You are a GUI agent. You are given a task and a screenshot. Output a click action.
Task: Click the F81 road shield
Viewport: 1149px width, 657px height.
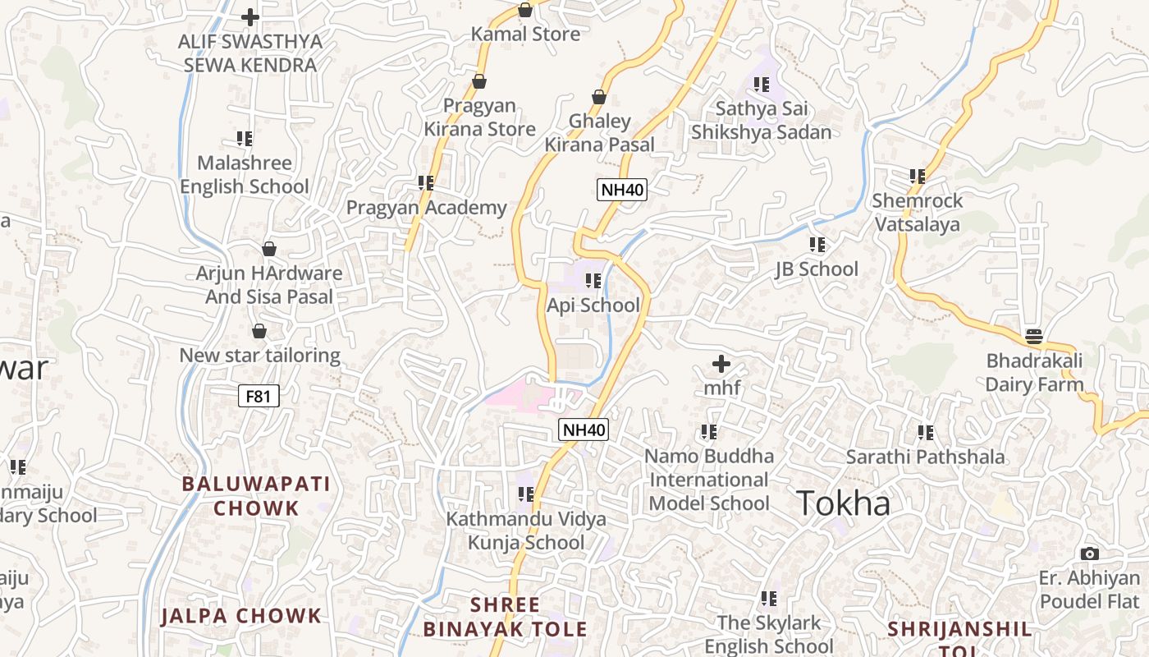(x=258, y=397)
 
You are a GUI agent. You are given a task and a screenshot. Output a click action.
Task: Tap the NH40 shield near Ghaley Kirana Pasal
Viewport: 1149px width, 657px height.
(x=622, y=190)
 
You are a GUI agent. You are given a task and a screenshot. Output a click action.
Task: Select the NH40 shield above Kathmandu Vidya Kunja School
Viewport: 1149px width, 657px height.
(x=584, y=430)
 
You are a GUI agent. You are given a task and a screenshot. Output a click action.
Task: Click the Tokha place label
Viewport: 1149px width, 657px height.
(x=843, y=503)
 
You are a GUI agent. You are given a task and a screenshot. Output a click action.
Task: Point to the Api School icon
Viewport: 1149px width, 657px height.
(x=593, y=281)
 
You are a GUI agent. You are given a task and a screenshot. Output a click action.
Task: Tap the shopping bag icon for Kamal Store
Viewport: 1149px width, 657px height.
(x=525, y=10)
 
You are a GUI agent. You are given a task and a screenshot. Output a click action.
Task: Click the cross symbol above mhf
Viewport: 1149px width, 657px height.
(x=721, y=363)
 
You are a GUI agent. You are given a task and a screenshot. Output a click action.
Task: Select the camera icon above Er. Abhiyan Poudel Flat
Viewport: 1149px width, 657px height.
(x=1089, y=554)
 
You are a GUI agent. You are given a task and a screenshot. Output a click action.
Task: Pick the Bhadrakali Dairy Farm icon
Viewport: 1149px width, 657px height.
(x=1034, y=337)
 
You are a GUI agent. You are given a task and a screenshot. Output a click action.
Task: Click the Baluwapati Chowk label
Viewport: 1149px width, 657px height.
(x=256, y=496)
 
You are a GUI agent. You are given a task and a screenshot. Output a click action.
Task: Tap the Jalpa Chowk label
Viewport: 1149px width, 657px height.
(x=241, y=616)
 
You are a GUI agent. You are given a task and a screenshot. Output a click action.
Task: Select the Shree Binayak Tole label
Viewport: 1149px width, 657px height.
(x=506, y=618)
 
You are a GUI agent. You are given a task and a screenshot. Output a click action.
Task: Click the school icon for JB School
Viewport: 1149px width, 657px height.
(x=817, y=245)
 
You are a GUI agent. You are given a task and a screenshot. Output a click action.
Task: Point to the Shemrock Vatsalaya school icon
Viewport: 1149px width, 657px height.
(x=918, y=176)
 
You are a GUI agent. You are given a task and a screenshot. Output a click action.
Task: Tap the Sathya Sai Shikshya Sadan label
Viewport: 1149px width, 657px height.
(x=761, y=121)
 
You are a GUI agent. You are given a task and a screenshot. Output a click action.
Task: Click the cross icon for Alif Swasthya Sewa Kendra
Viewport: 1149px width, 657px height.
(x=250, y=16)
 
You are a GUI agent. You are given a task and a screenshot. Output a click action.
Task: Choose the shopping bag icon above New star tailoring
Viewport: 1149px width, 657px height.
(x=259, y=331)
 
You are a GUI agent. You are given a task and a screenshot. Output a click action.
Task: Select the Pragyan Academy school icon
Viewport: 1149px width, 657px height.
(x=425, y=182)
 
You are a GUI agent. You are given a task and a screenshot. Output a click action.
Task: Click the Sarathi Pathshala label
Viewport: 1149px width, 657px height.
(x=925, y=457)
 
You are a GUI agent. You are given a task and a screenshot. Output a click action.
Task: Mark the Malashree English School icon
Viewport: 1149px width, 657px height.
(x=245, y=138)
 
